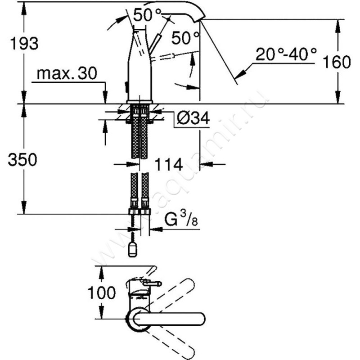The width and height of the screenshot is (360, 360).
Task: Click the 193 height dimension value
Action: pyautogui.click(x=24, y=44)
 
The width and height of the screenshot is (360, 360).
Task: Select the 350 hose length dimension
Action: pyautogui.click(x=22, y=160)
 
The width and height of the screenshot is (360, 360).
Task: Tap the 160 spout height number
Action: pyautogui.click(x=337, y=62)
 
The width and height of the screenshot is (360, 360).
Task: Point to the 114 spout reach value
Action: pyautogui.click(x=169, y=164)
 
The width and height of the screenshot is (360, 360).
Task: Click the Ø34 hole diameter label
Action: pyautogui.click(x=193, y=118)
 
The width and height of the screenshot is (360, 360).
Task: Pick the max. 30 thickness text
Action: pyautogui.click(x=67, y=74)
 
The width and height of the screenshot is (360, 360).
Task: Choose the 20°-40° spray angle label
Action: pyautogui.click(x=286, y=54)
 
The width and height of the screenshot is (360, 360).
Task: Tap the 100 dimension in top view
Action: pyautogui.click(x=102, y=293)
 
